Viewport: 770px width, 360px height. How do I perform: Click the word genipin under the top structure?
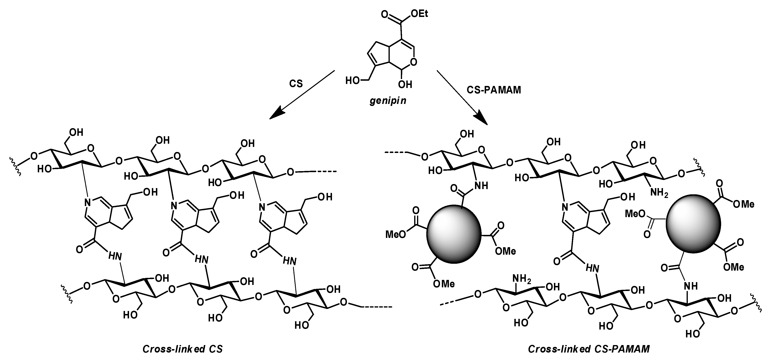coord(388,101)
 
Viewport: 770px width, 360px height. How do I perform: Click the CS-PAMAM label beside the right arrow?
coord(494,90)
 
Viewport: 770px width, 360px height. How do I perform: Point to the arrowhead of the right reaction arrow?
coord(481,118)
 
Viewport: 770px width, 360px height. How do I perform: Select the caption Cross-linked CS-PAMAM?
coord(589,349)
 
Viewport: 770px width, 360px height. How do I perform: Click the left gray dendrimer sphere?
coord(454,234)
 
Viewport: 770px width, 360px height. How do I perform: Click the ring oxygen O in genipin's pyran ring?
coord(413,62)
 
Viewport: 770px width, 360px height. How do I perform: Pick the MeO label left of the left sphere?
coord(395,234)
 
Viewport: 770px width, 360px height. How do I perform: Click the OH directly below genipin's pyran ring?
coord(405,85)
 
